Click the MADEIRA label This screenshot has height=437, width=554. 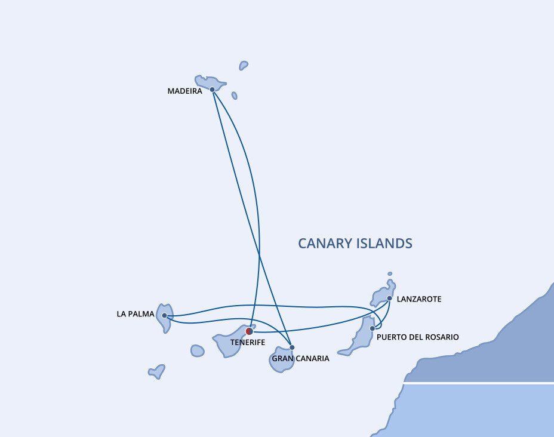(185, 91)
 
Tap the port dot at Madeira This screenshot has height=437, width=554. (213, 90)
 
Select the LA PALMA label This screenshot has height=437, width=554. (136, 314)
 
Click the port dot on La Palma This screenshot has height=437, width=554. (164, 315)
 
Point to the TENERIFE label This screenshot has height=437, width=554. (248, 342)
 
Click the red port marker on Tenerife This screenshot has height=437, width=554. (250, 331)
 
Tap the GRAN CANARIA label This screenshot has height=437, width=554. (301, 359)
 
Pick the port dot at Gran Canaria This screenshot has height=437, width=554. (292, 347)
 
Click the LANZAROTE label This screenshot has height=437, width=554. (419, 299)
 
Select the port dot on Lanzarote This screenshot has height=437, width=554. (389, 298)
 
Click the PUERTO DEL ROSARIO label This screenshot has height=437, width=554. (418, 337)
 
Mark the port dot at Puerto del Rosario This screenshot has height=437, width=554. (373, 328)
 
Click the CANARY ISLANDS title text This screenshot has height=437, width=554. (355, 244)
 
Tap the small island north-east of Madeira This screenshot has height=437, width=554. (244, 65)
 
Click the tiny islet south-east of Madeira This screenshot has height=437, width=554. (234, 96)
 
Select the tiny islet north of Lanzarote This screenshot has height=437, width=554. (390, 274)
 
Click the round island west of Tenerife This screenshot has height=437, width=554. (198, 351)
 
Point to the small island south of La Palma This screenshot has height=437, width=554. (157, 372)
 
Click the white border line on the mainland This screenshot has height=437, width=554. (479, 383)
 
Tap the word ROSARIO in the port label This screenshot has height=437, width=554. (443, 337)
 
